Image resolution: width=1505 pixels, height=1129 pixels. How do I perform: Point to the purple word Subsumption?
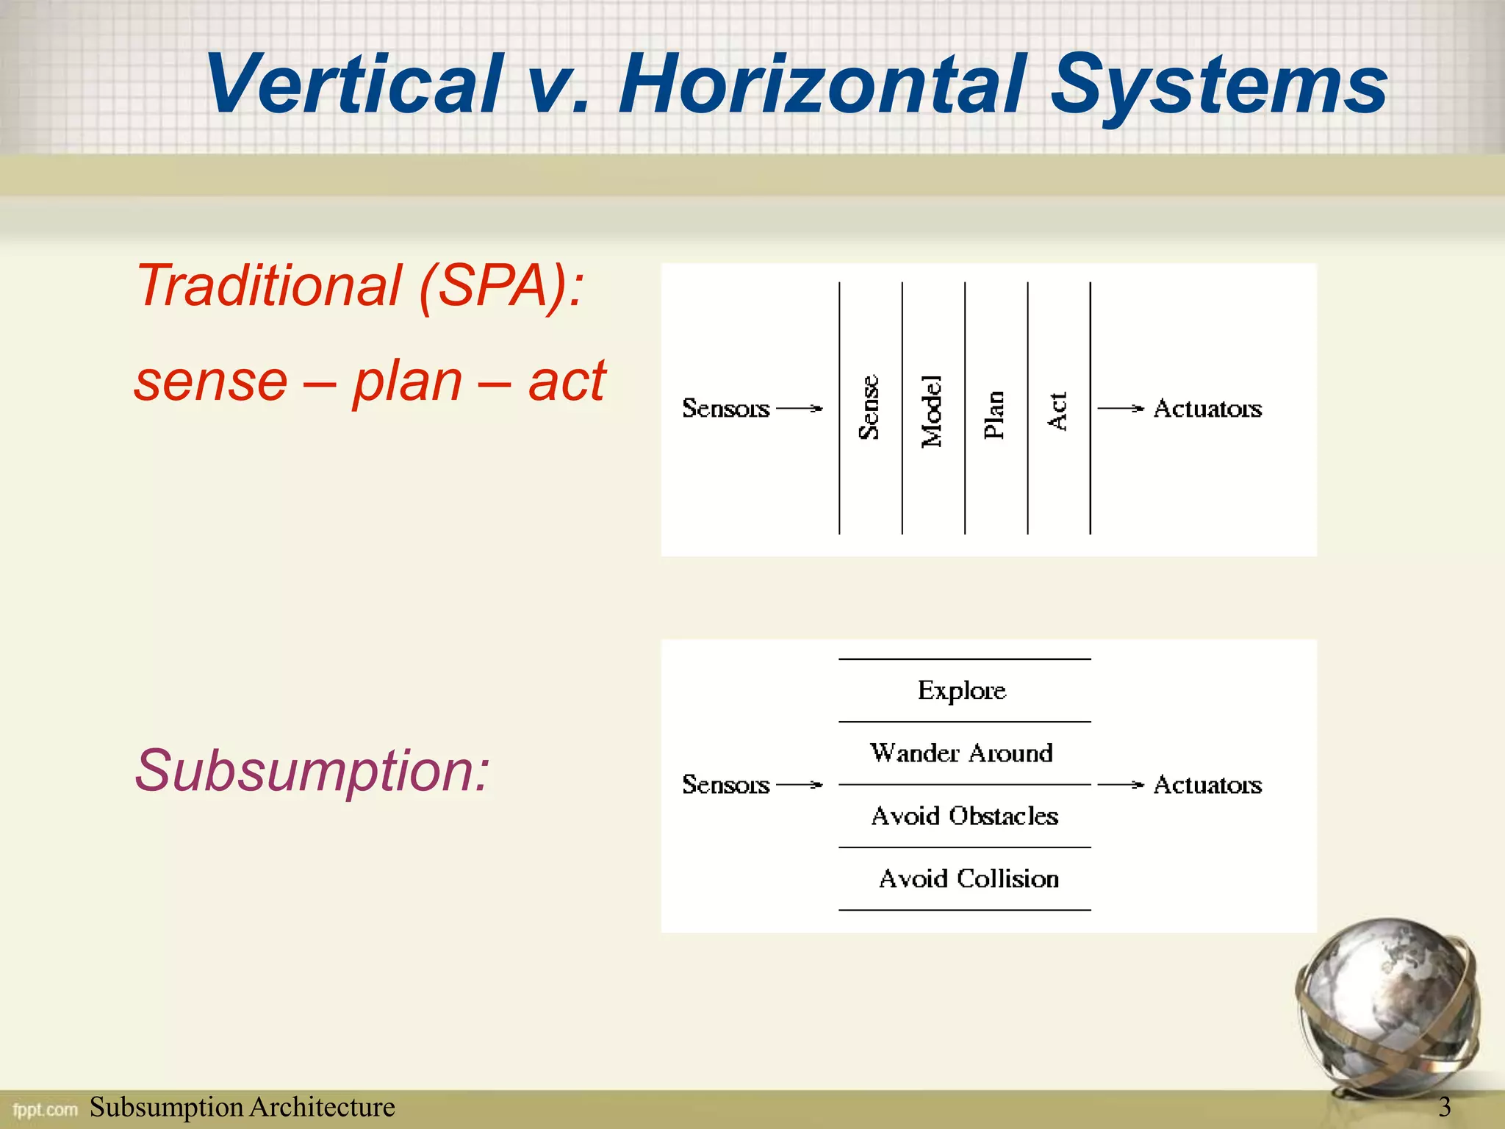coord(312,770)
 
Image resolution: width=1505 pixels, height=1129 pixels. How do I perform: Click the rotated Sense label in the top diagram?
coord(869,408)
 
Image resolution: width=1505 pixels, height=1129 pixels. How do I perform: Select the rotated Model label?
coord(932,411)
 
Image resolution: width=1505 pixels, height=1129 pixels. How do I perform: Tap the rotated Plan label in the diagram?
coord(994,415)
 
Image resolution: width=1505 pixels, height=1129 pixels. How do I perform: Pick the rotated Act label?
coord(1057,412)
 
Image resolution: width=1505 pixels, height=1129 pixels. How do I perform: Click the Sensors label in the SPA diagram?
coord(725,408)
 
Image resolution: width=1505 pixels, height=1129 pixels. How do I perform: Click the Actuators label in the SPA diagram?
coord(1207,408)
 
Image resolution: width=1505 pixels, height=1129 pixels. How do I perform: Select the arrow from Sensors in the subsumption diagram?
coord(800,785)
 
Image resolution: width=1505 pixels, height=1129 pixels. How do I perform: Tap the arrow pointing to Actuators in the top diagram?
coord(1121,408)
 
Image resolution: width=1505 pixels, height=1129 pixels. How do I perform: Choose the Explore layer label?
coord(962,690)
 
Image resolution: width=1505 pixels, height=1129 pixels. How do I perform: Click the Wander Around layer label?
coord(962,753)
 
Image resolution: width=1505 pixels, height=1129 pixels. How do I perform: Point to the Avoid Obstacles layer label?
coord(965,816)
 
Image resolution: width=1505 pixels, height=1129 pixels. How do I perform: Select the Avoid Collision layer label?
coord(969,879)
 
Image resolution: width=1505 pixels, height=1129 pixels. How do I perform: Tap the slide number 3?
coord(1444,1107)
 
